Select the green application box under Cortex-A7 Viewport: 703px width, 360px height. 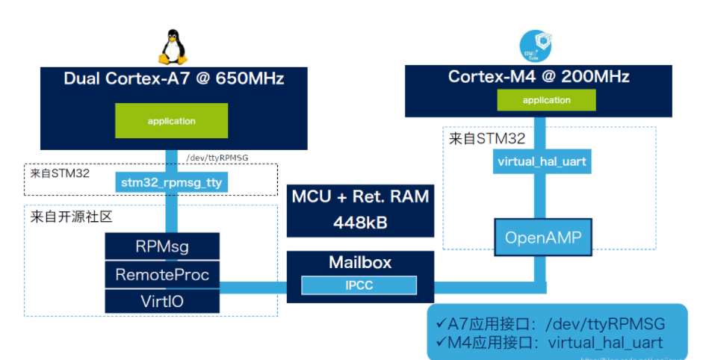point(171,121)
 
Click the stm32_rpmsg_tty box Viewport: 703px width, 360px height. point(171,181)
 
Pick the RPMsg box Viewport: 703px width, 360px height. point(162,246)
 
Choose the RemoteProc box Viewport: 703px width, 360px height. point(162,274)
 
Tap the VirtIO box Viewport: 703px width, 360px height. point(162,300)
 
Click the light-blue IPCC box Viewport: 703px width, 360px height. point(359,285)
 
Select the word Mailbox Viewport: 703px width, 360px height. point(359,263)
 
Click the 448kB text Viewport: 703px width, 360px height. point(359,223)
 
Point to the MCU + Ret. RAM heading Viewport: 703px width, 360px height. point(359,197)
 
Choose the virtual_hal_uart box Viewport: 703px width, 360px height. point(541,161)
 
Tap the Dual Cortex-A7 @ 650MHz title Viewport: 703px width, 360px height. point(173,78)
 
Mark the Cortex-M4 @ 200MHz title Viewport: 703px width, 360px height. point(539,76)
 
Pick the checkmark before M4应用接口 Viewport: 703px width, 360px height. point(440,343)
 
